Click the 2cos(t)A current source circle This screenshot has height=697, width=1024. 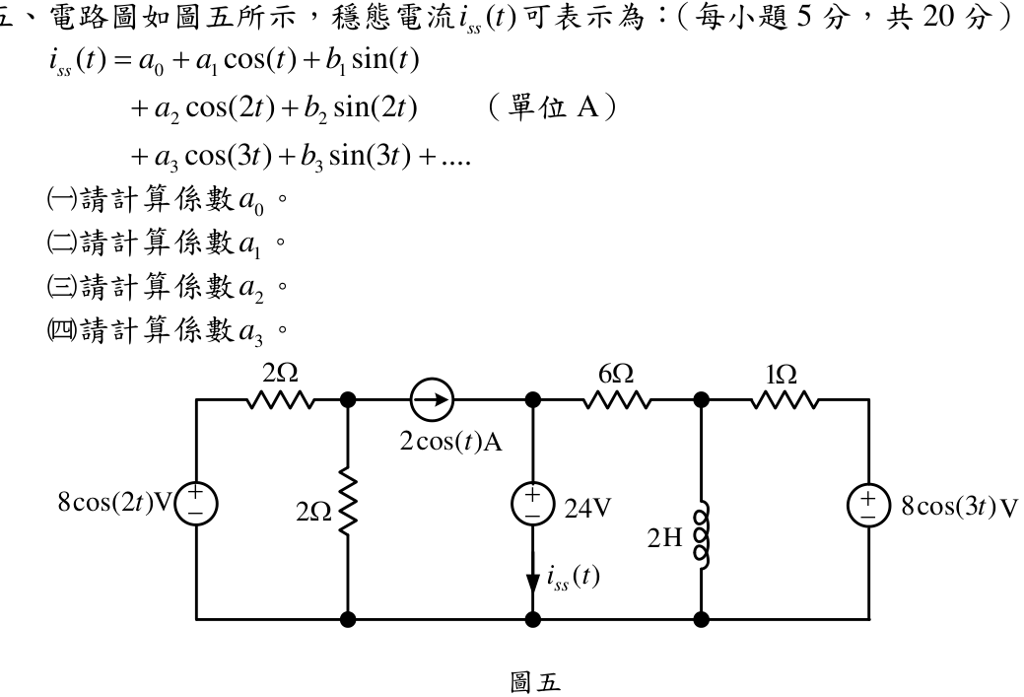coord(432,399)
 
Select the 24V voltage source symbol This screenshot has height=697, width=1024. coord(533,505)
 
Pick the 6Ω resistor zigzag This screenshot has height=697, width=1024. coord(617,399)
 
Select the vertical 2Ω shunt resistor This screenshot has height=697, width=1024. coord(349,506)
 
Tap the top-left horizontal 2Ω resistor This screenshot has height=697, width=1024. coord(281,399)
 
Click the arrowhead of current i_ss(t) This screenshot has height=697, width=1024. coord(533,582)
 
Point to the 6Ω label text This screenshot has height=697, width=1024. coord(616,374)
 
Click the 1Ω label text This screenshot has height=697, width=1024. coord(782,375)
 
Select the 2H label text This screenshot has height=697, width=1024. coord(665,537)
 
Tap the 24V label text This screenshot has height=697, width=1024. coord(587,508)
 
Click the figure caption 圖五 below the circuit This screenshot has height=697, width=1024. coord(535,682)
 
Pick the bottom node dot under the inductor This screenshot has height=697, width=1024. coord(702,618)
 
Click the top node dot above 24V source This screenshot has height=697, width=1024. coord(533,399)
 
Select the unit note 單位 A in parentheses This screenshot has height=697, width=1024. coord(553,107)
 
